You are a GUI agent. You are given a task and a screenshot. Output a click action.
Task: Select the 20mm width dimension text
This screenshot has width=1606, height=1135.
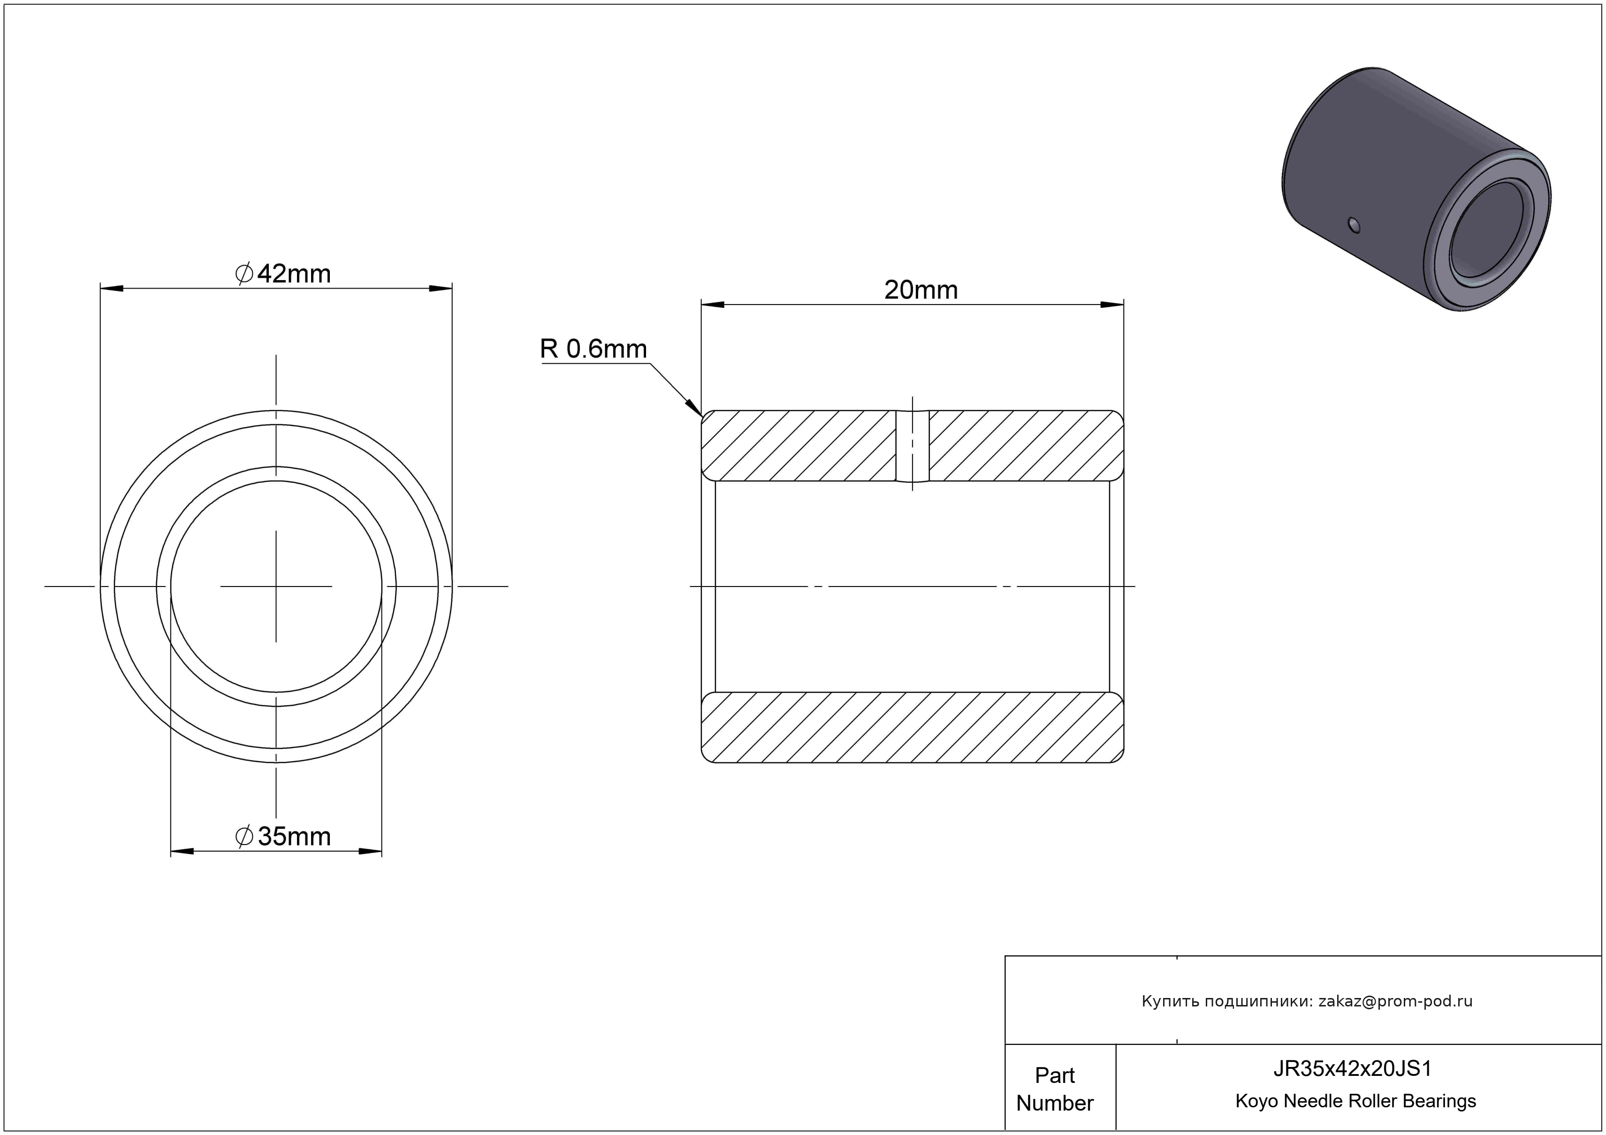tap(921, 290)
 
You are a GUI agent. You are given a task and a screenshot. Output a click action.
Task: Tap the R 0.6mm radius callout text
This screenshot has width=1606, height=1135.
tap(593, 349)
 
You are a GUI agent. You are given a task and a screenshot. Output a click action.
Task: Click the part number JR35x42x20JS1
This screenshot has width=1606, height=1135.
tap(1352, 1068)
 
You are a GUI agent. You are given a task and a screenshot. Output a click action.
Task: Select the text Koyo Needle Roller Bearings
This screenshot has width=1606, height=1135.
tap(1355, 1101)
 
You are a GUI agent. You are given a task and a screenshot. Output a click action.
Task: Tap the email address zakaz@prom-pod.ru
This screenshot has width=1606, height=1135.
tap(1395, 1001)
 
